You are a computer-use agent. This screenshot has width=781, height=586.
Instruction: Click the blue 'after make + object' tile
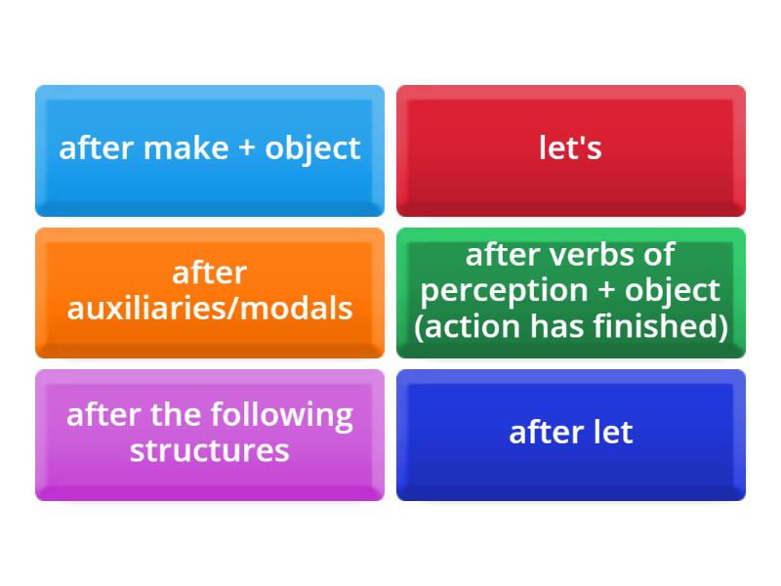click(x=210, y=150)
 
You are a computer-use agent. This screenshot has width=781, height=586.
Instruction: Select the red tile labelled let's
click(x=570, y=150)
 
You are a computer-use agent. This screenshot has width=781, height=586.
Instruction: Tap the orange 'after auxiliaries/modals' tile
click(x=210, y=292)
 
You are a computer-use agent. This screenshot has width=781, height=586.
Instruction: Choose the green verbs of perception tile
click(x=570, y=292)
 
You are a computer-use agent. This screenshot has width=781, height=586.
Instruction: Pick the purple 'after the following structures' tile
click(x=210, y=434)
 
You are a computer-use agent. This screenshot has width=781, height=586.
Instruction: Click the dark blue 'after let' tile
click(x=570, y=434)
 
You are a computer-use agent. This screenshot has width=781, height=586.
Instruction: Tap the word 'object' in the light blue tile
click(x=312, y=149)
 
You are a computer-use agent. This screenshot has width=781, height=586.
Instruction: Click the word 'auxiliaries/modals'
click(x=210, y=309)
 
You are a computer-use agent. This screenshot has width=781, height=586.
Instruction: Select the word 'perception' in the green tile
click(x=505, y=291)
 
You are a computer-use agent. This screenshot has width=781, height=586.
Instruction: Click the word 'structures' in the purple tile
click(x=210, y=450)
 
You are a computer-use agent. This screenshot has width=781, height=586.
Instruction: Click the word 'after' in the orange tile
click(x=210, y=272)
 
